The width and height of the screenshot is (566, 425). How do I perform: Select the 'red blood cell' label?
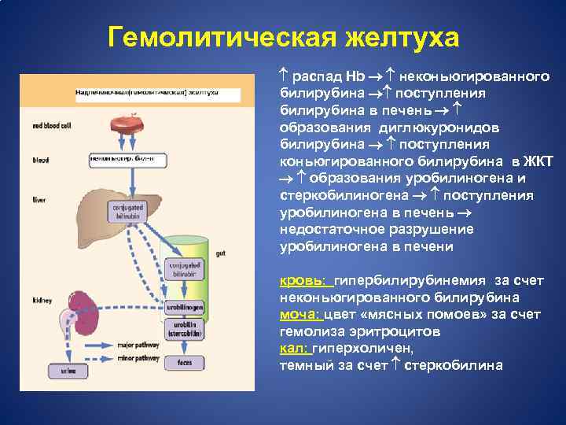coord(52,126)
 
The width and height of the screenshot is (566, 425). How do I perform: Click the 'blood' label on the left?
coord(41,160)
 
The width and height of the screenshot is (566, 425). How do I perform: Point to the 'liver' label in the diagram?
coord(39,200)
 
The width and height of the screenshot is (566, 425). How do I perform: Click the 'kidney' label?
coord(42,300)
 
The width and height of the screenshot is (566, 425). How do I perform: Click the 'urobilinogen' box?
coord(185,306)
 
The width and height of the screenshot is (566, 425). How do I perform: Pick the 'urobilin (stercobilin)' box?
coord(185,329)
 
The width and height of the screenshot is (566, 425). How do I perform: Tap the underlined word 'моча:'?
coord(300,315)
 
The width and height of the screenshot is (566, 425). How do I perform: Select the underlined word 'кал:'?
coord(293,349)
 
